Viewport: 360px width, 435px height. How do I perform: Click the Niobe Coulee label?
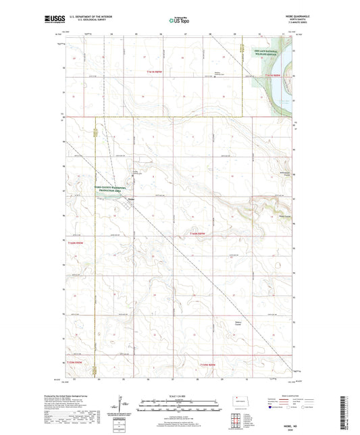(x=285, y=216)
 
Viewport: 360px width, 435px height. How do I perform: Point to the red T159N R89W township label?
(x=208, y=365)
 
